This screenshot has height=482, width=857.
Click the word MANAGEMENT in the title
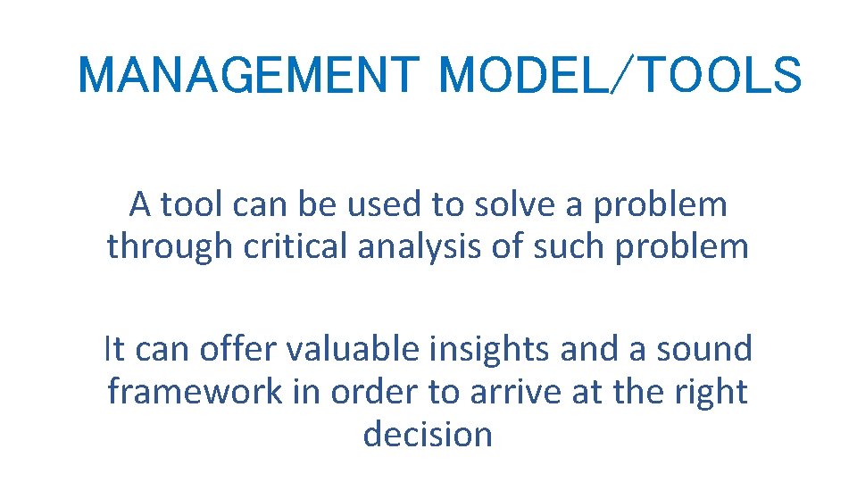[247, 75]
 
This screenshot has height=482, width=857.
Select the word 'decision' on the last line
[428, 434]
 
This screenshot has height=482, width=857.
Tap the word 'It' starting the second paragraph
[114, 349]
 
